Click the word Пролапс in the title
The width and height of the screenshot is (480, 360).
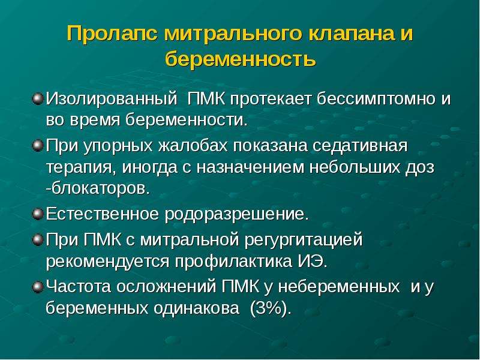tap(112, 34)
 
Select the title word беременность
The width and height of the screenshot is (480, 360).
tap(241, 59)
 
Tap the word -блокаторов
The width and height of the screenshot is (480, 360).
tap(98, 189)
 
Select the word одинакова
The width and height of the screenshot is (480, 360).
tap(196, 308)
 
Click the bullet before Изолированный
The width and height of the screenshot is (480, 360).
tap(38, 99)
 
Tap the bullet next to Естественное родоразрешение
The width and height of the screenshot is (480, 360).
tap(38, 214)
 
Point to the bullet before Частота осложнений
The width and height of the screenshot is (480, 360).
tap(38, 287)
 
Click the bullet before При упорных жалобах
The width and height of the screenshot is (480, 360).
tap(38, 146)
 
